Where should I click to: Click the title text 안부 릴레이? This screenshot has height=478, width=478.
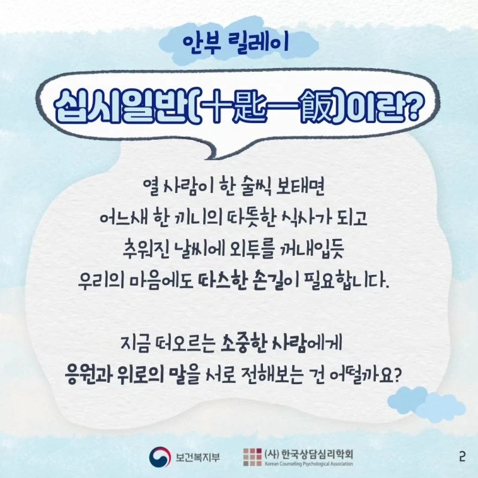click(x=236, y=44)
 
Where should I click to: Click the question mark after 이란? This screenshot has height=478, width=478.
click(x=413, y=106)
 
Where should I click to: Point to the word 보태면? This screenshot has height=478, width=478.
click(x=300, y=186)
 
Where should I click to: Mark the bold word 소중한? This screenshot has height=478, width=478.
click(x=243, y=342)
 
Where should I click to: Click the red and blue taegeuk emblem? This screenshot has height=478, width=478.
click(x=160, y=457)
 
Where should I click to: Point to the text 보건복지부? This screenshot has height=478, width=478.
click(x=198, y=457)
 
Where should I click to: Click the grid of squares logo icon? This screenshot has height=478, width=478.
click(x=252, y=457)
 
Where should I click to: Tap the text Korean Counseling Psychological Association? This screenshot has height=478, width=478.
click(x=309, y=464)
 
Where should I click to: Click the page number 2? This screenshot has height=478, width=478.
click(x=462, y=457)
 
